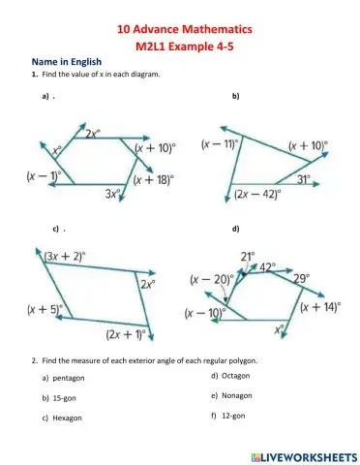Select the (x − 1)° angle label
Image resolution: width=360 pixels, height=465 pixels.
[45, 176]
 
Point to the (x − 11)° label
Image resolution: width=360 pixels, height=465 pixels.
[220, 144]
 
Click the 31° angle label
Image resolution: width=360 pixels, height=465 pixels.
[303, 179]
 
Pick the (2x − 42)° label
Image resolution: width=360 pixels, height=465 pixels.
[257, 194]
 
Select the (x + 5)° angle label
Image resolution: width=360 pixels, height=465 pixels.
[43, 311]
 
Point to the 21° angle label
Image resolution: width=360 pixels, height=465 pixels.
[247, 256]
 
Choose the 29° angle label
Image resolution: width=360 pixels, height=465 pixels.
[301, 278]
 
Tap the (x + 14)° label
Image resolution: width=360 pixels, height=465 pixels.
[319, 306]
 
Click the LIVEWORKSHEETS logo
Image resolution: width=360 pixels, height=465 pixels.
[303, 454]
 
